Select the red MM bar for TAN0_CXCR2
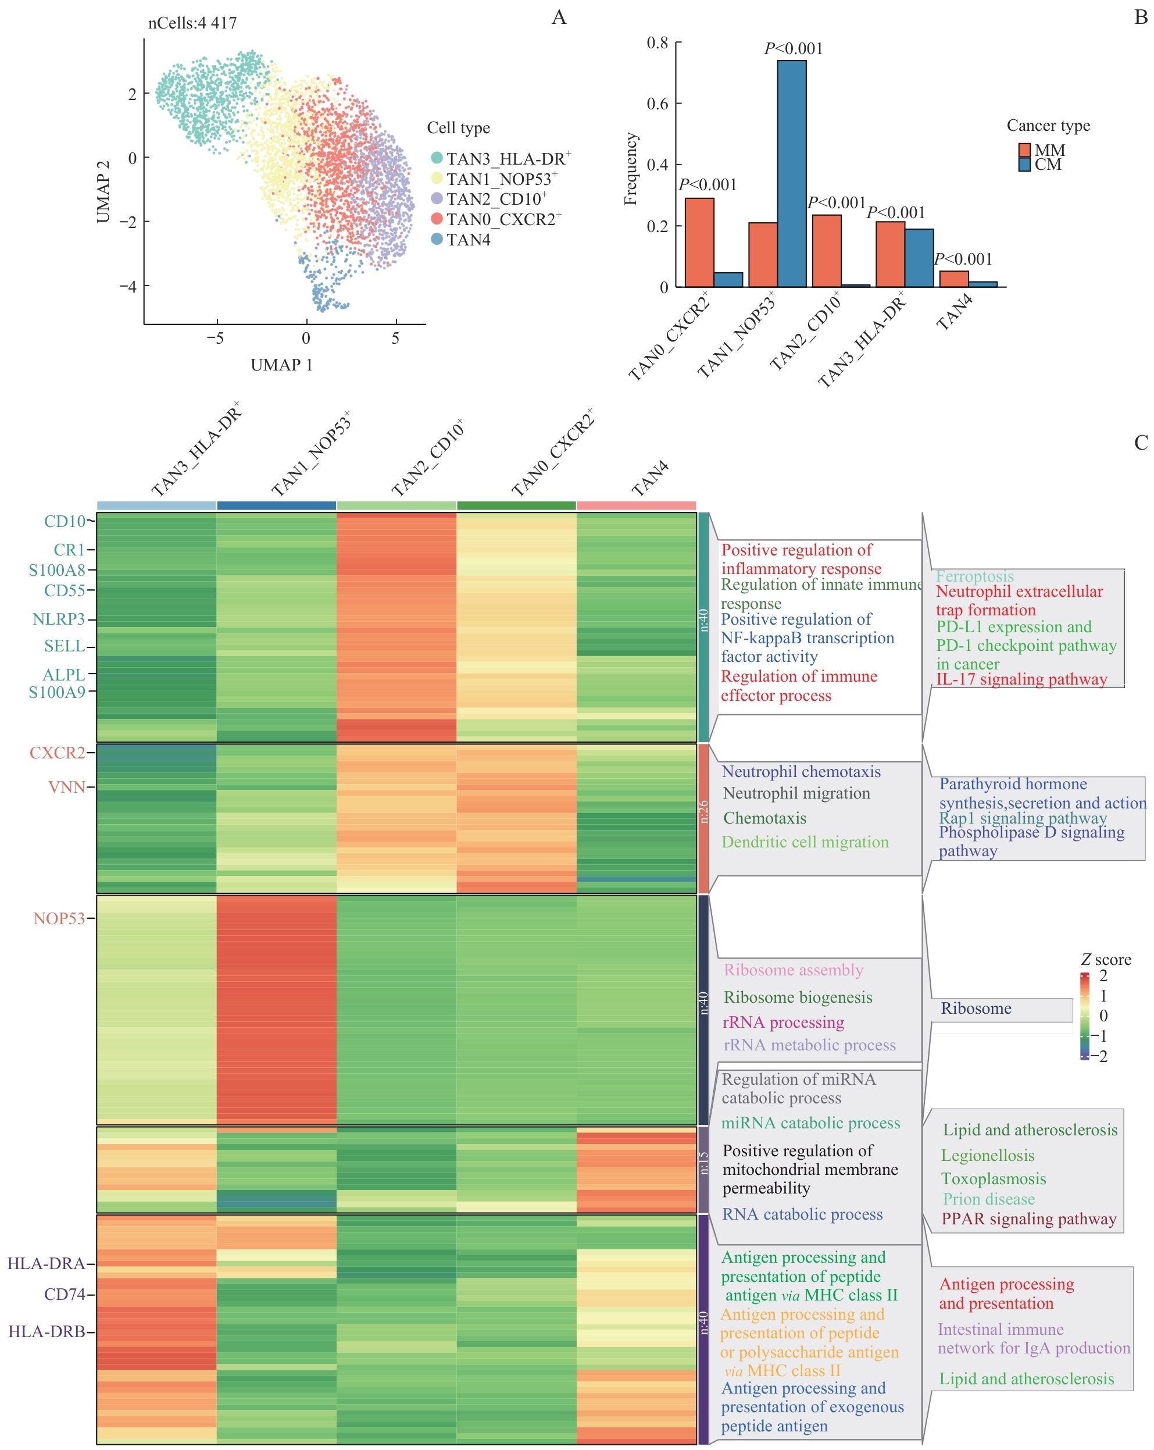tap(699, 242)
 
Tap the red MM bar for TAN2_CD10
tap(826, 250)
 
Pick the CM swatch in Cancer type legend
tap(1024, 165)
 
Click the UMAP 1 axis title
tap(281, 365)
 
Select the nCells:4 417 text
tap(192, 23)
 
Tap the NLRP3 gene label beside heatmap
tap(59, 619)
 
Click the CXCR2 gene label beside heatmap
tap(57, 753)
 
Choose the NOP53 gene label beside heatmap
tap(59, 919)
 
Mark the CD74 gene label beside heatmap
tap(65, 1294)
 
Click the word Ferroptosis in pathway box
tap(974, 576)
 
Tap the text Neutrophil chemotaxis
tap(801, 771)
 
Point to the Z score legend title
tap(1105, 960)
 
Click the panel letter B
tap(1141, 17)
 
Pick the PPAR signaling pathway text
tap(1028, 1219)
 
